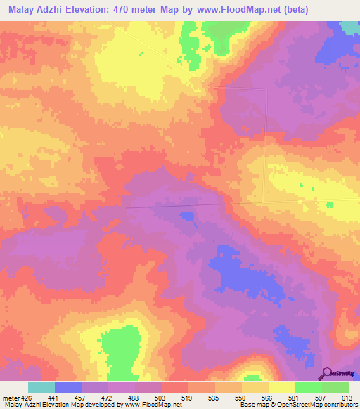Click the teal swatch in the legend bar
click(x=41, y=387)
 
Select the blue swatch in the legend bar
click(x=68, y=387)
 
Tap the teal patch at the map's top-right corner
click(x=351, y=27)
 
